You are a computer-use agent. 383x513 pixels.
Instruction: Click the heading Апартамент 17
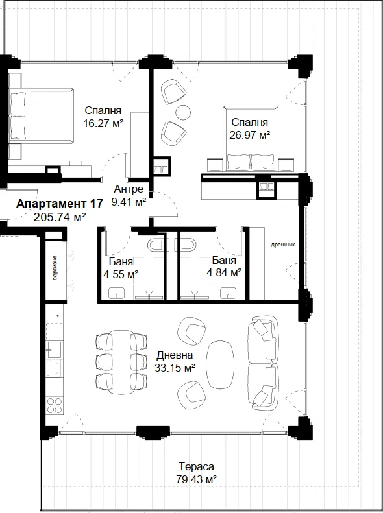pos(60,204)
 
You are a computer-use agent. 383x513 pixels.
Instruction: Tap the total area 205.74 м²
pos(60,217)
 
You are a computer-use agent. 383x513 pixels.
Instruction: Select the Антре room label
pos(129,189)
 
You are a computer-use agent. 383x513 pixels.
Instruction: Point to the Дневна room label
pos(175,355)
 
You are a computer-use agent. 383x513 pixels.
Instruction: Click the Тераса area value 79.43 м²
pos(196,480)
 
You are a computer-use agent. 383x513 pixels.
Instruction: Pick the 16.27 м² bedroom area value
pos(103,123)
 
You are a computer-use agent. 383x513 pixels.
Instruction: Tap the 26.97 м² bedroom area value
pos(250,135)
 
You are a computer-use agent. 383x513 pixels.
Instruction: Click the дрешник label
pos(283,245)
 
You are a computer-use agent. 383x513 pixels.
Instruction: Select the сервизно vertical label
pos(55,268)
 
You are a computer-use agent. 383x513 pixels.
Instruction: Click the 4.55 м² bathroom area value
pos(121,274)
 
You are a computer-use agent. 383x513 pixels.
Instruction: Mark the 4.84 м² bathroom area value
pos(224,272)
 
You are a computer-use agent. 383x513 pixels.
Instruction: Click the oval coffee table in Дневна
pos(220,364)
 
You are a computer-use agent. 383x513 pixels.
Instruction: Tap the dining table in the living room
pos(121,363)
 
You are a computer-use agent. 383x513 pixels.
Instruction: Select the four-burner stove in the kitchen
pos(55,405)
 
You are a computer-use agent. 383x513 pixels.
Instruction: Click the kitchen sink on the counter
pos(54,350)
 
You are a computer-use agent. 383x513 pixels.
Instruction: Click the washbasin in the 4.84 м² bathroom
pos(228,292)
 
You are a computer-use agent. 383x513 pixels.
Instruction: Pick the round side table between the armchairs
pos(183,113)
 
